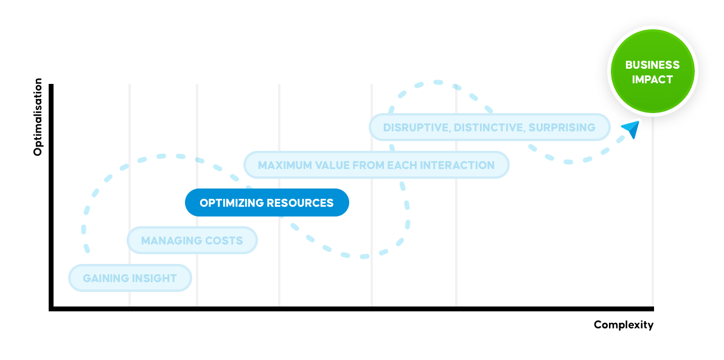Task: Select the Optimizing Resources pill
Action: click(266, 202)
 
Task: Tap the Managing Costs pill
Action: click(192, 241)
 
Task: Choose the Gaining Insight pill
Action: click(130, 279)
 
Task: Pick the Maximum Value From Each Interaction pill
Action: click(376, 165)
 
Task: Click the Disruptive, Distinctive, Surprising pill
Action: click(489, 127)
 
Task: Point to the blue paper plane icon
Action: click(631, 129)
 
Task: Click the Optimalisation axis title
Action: click(38, 117)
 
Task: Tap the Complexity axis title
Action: click(624, 325)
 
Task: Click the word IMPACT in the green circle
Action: click(652, 80)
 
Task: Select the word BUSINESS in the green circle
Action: click(652, 65)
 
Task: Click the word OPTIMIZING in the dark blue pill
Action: click(228, 203)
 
